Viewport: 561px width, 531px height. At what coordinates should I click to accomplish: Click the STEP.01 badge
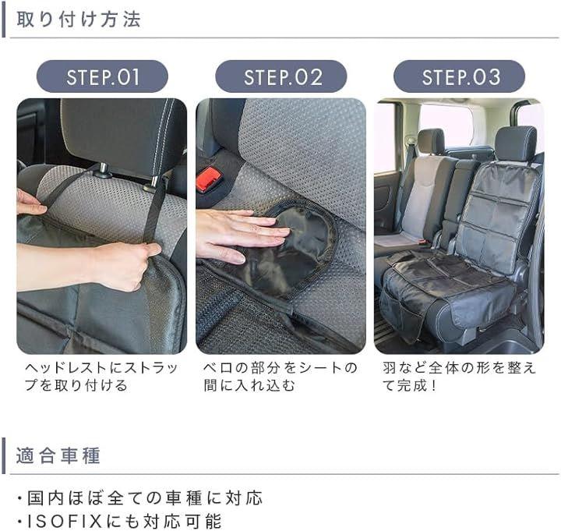[x=102, y=76]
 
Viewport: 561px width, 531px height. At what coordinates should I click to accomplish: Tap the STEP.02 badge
[x=280, y=76]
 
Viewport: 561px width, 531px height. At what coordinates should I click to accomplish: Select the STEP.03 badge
[x=460, y=76]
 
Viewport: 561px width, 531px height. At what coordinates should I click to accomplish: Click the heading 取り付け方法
[x=79, y=19]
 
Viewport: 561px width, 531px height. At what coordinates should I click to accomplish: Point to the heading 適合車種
[x=58, y=456]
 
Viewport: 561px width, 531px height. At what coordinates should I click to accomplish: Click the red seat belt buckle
[x=208, y=179]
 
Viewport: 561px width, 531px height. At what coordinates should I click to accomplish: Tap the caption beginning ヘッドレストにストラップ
[x=101, y=377]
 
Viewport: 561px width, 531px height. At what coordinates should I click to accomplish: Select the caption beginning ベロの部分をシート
[x=280, y=377]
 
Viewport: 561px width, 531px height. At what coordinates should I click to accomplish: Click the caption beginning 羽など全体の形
[x=459, y=377]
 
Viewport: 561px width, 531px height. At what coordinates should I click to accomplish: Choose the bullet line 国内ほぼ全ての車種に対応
[x=140, y=498]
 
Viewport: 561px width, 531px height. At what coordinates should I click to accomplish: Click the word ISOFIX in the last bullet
[x=65, y=521]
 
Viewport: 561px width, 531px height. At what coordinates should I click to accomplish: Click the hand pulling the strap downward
[x=90, y=264]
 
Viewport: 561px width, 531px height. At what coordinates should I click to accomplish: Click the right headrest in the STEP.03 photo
[x=516, y=143]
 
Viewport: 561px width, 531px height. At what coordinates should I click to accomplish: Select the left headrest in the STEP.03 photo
[x=431, y=141]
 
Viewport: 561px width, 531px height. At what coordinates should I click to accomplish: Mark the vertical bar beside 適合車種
[x=4, y=456]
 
